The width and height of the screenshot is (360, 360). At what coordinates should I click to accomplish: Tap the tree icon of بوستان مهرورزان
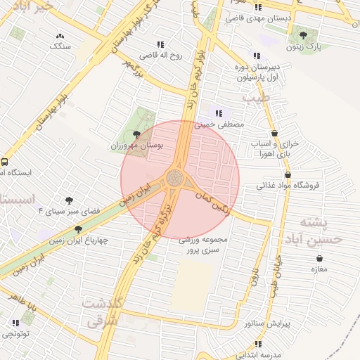click(x=136, y=134)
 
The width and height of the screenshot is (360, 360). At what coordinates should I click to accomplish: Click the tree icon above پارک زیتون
click(x=303, y=34)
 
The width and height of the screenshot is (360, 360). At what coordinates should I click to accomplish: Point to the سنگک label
click(x=60, y=46)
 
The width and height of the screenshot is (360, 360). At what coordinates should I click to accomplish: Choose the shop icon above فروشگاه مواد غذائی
click(x=288, y=174)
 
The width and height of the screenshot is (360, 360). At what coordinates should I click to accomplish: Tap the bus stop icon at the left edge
click(x=5, y=161)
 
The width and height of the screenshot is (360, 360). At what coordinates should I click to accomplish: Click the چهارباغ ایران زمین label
click(x=79, y=240)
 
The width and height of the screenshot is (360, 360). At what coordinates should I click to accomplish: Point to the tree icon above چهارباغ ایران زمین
click(x=78, y=229)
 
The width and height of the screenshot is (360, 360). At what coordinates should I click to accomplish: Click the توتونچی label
click(x=17, y=335)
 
